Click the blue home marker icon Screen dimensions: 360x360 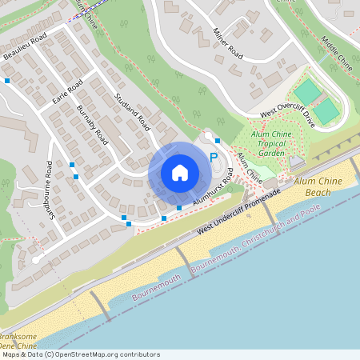179,173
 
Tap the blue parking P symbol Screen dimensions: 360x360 213,158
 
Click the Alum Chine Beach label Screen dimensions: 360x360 323,187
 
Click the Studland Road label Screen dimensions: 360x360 132,111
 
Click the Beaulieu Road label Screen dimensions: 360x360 29,40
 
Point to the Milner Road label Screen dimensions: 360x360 227,42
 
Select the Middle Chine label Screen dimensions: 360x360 336,51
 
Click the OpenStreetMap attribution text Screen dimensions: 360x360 80,354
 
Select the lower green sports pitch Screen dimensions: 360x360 325,111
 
